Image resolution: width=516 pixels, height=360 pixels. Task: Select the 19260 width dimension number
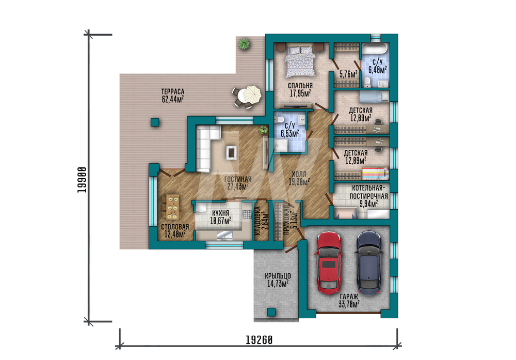tap(260, 339)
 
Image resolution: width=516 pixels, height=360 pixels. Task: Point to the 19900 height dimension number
tap(82, 180)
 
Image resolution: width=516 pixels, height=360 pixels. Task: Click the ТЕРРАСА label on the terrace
tap(173, 91)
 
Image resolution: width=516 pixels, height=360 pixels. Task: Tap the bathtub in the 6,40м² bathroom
tap(376, 49)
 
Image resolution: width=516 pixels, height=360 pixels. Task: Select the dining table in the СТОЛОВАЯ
tap(172, 207)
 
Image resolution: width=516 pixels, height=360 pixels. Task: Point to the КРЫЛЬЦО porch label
tap(278, 276)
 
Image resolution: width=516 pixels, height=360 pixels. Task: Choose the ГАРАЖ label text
tap(349, 296)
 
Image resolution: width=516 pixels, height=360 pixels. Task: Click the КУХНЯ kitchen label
tap(220, 213)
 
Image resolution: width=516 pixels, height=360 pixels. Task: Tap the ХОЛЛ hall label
tap(299, 174)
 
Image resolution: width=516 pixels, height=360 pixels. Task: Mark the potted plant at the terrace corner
tap(244, 43)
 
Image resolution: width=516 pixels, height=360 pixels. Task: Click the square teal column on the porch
tap(271, 312)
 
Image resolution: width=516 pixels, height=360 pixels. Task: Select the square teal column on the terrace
tap(155, 122)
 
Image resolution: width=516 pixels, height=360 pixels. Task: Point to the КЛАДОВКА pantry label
tap(257, 221)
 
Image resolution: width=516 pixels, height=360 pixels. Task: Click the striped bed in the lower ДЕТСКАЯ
tap(376, 173)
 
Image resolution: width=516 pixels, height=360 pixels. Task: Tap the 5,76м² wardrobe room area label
tap(348, 74)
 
